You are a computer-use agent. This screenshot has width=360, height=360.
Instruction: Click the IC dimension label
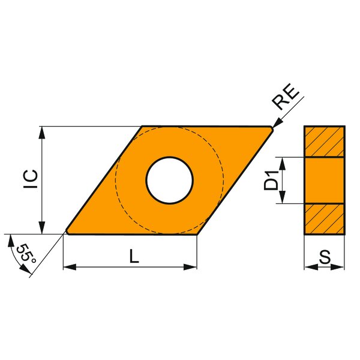pos(31,179)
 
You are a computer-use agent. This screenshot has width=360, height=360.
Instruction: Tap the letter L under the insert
pos(134,256)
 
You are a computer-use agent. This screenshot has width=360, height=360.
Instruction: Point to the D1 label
pos(271,181)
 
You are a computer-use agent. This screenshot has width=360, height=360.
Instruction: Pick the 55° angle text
pos(26,254)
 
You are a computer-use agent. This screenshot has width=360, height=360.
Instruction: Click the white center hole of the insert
pos(169,180)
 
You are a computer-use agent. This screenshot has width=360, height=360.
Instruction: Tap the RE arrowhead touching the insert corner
pos(277,123)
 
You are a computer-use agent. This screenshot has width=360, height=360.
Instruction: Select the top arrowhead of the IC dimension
pos(42,132)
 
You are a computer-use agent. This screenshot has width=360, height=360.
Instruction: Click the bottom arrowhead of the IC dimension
pos(42,228)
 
